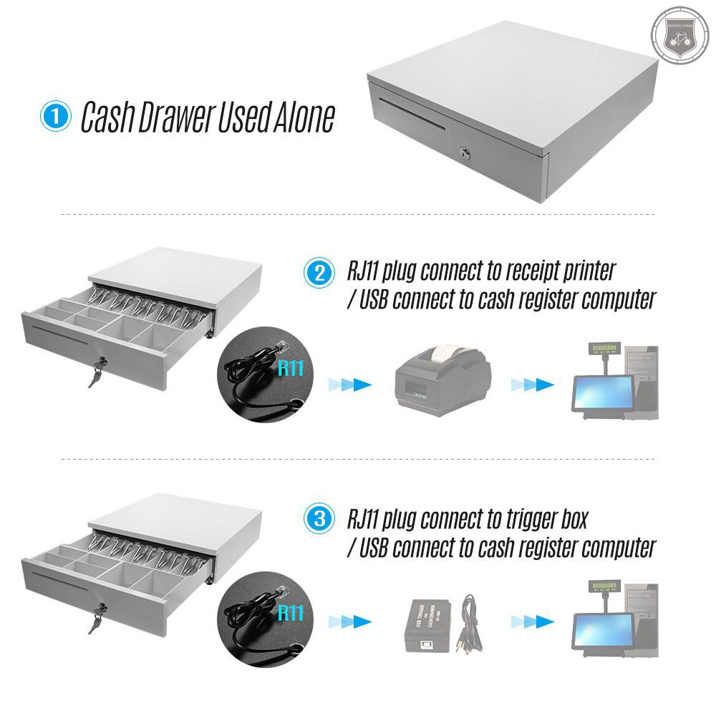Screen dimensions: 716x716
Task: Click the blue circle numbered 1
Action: click(x=55, y=117)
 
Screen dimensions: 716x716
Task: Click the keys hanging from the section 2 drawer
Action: click(x=96, y=374)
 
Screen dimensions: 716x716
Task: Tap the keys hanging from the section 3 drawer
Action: click(x=96, y=621)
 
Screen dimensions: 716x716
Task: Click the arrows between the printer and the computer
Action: click(x=533, y=385)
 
